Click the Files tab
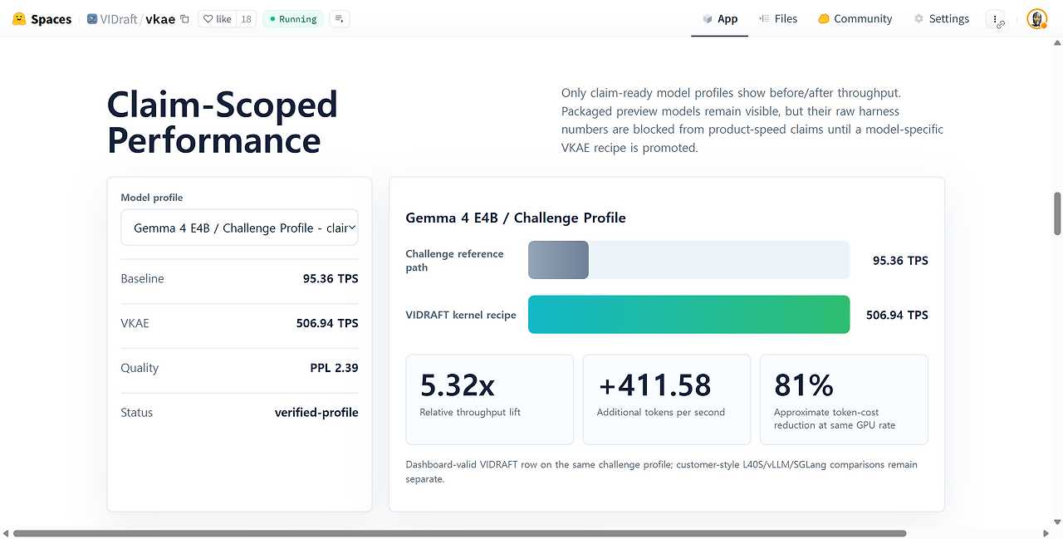(778, 19)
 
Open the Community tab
(855, 19)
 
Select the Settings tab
(942, 19)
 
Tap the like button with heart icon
(218, 19)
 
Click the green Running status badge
(293, 19)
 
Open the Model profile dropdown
(239, 228)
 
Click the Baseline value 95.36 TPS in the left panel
(331, 278)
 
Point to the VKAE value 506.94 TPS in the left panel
(327, 323)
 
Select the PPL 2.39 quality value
(334, 368)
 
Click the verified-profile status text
(316, 412)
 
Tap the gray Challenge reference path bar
(558, 260)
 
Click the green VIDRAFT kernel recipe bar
(688, 315)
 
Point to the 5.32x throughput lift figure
(457, 385)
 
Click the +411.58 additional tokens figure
(654, 385)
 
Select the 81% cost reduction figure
(803, 385)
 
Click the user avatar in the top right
(1037, 19)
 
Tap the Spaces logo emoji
(19, 19)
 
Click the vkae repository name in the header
(160, 19)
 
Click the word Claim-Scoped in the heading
(222, 105)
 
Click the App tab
(720, 19)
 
